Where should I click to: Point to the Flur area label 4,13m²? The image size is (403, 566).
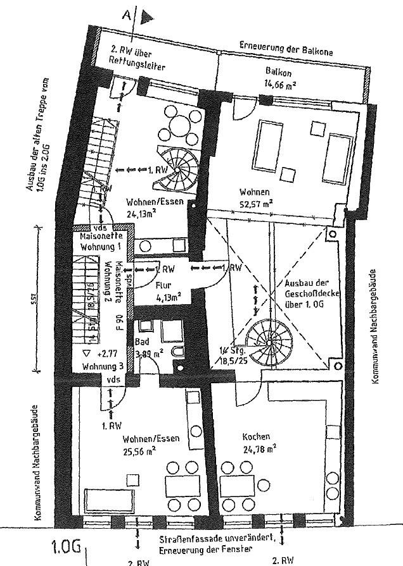(169, 295)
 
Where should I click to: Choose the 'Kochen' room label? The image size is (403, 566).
(256, 437)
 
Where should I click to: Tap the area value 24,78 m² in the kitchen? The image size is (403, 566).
(259, 450)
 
